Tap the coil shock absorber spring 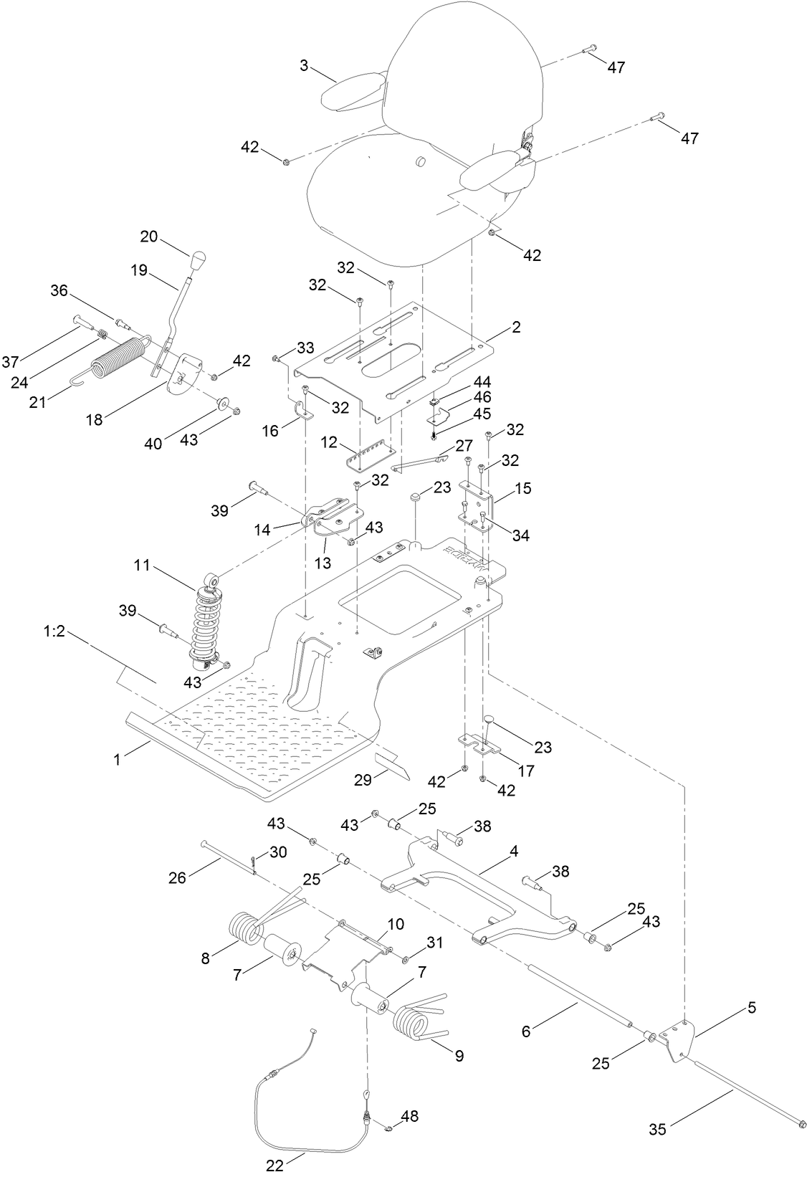coord(209,618)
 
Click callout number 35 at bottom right coord(657,1129)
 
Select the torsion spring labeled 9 coord(416,1026)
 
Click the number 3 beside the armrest coord(304,65)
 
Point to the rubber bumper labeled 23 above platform coord(415,497)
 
